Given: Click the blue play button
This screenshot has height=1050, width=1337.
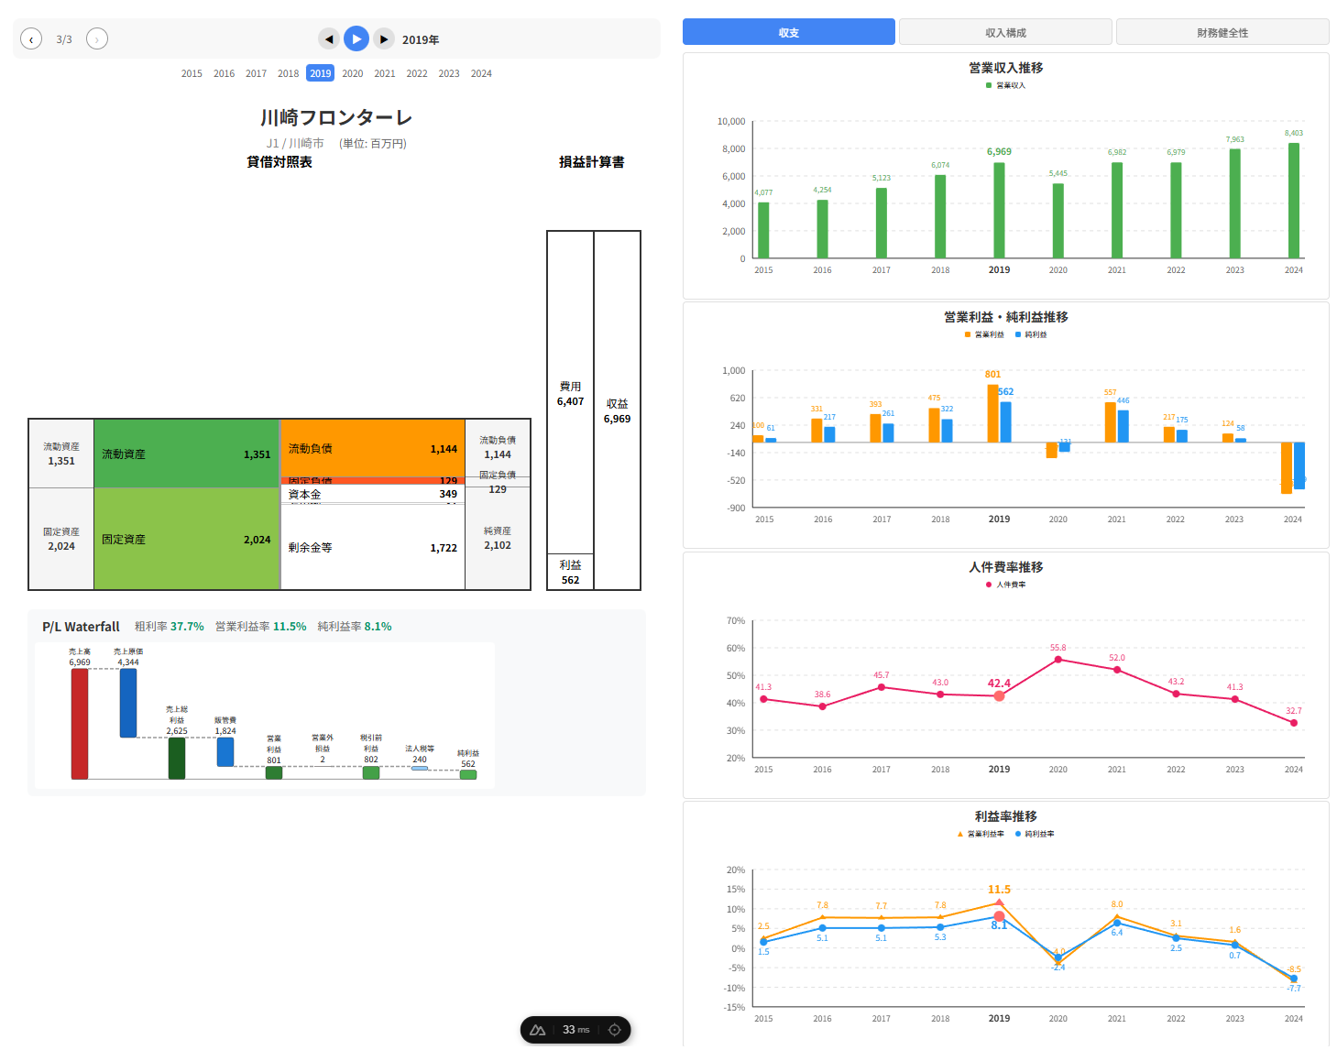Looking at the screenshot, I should [x=356, y=38].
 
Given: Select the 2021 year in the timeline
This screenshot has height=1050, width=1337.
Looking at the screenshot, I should [x=385, y=73].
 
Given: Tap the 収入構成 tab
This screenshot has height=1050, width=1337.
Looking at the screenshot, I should [x=1005, y=32].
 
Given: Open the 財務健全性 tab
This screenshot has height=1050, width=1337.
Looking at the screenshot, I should [x=1222, y=32].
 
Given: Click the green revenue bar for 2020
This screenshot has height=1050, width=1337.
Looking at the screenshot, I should [x=1058, y=220].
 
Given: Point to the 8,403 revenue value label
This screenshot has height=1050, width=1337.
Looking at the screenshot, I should [x=1293, y=133].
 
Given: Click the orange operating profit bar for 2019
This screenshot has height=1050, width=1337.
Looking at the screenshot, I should [x=992, y=413].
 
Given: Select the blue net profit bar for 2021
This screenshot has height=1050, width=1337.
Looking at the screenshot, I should [x=1123, y=426].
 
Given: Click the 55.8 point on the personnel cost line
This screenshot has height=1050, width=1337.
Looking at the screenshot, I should [x=1058, y=659].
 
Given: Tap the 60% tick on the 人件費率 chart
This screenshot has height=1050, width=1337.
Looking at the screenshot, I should [x=735, y=648].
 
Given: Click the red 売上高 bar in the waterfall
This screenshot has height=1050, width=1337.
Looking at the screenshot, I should [x=80, y=724].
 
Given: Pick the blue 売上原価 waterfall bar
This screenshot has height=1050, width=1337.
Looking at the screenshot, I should [x=128, y=703].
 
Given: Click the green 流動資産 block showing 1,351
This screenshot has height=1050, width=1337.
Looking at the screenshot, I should [x=186, y=454].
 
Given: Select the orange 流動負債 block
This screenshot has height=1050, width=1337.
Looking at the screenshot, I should [x=372, y=448].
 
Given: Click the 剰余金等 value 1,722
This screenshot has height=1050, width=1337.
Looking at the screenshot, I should [x=444, y=548].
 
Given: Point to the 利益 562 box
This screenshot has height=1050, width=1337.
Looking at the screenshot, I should [x=570, y=572].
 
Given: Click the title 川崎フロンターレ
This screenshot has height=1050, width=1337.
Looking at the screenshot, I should [x=335, y=117].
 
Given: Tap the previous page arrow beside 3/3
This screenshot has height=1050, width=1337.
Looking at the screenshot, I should [x=31, y=38].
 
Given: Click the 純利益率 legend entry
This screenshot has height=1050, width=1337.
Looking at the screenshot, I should [x=1035, y=834].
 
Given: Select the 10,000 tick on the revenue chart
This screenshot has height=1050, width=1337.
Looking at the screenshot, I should [x=730, y=121].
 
